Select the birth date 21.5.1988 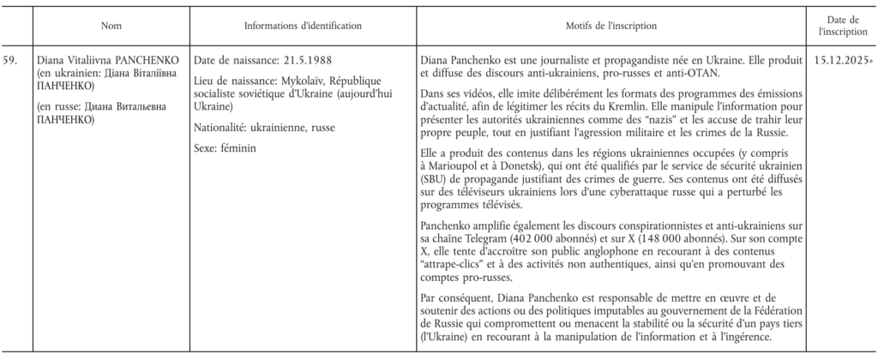(x=305, y=61)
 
